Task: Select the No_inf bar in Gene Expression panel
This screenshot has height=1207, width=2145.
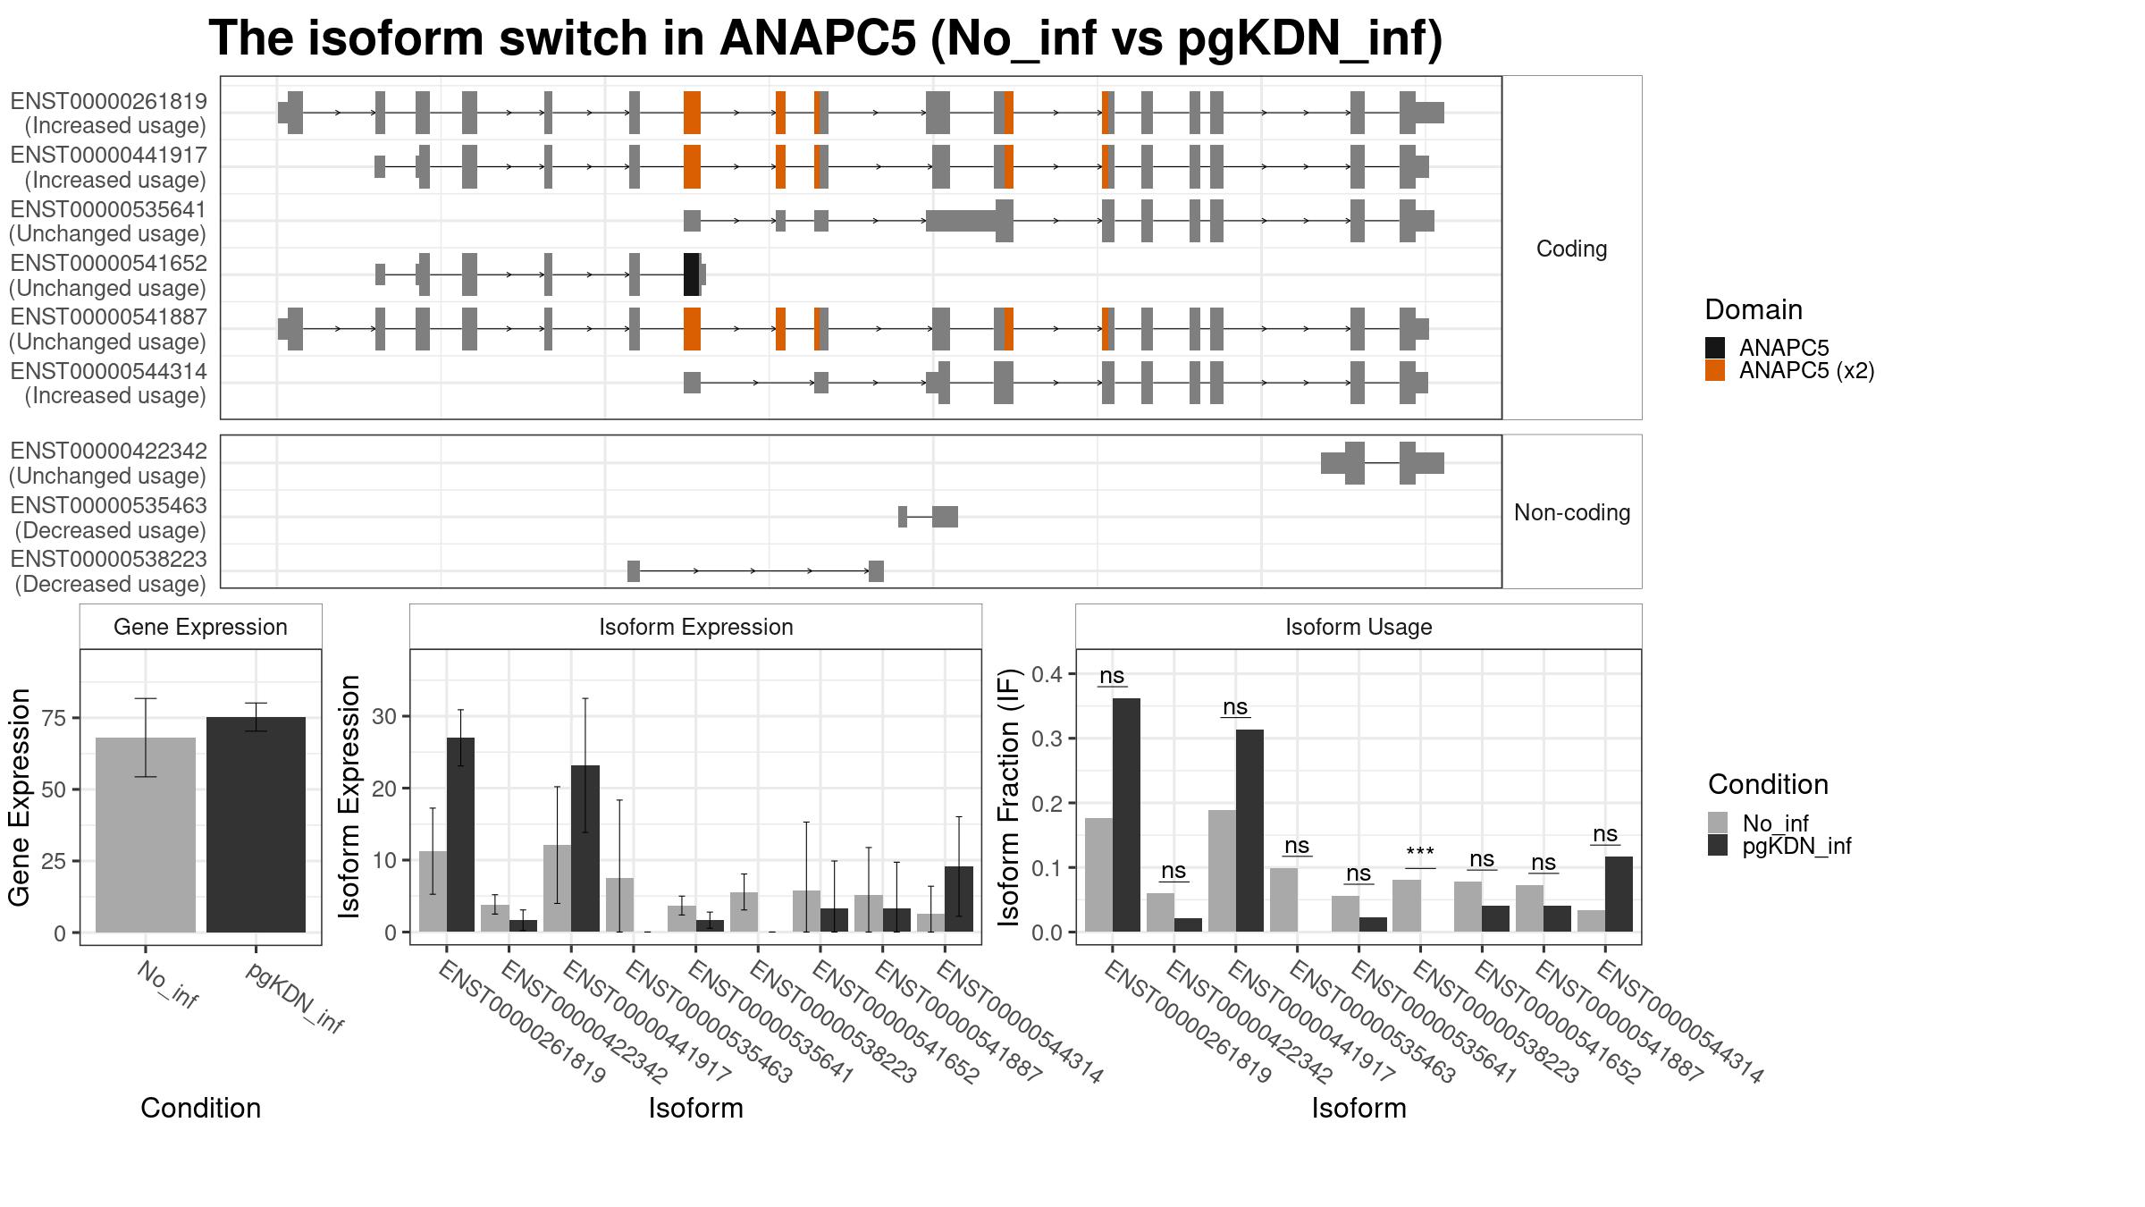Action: (146, 835)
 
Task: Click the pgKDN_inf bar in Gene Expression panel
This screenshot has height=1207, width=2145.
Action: (256, 824)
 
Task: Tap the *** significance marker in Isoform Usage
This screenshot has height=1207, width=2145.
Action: (1420, 853)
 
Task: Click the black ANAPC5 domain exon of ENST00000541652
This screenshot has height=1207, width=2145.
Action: (692, 274)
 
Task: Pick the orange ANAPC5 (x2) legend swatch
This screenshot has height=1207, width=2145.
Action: (1715, 370)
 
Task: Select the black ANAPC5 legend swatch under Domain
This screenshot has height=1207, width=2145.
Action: (1715, 348)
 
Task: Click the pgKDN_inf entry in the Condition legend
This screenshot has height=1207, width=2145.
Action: (1796, 846)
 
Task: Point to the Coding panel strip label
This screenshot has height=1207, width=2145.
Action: (1571, 249)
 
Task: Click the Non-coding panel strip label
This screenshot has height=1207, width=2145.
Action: (1572, 512)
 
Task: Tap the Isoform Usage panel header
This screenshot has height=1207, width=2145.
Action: (1358, 627)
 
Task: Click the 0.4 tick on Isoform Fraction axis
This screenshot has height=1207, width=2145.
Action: (1048, 674)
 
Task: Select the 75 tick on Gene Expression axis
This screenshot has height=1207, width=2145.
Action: (55, 718)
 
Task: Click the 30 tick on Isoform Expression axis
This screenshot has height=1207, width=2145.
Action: (384, 716)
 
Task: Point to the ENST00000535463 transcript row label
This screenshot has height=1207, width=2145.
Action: (108, 518)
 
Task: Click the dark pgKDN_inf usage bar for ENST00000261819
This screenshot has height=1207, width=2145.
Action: (1126, 815)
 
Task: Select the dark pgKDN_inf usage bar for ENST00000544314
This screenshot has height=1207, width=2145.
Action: (1619, 894)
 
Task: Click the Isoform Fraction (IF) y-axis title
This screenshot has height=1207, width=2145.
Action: (1010, 796)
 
